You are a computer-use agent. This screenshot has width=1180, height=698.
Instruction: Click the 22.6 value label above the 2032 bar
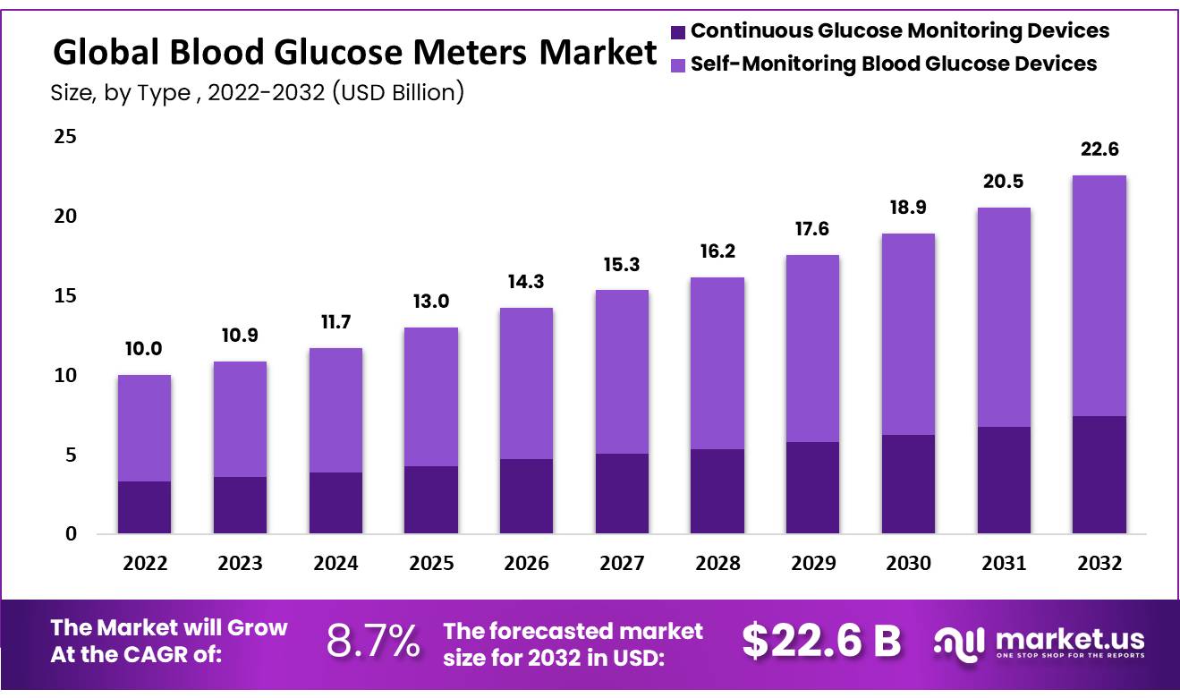[x=1099, y=149]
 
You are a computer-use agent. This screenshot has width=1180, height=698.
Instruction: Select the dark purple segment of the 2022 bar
[x=144, y=507]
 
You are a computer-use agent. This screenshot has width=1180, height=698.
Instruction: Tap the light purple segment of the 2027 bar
[x=622, y=371]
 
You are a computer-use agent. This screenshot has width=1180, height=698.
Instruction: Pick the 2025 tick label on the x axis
[x=431, y=564]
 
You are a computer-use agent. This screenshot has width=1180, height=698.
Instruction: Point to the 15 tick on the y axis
[x=66, y=296]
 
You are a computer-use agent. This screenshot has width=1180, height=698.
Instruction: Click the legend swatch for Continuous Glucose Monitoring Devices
[x=678, y=32]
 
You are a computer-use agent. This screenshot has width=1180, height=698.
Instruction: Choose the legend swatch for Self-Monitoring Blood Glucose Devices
[x=678, y=64]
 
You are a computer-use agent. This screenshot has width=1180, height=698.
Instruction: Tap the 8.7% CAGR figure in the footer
[x=373, y=641]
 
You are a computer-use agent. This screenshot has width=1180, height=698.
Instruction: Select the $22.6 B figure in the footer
[x=821, y=641]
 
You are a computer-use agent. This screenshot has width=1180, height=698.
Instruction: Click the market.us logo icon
[x=959, y=641]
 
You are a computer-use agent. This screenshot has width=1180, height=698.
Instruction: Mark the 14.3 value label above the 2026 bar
[x=526, y=282]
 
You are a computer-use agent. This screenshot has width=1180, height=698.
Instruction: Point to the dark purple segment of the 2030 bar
[x=908, y=484]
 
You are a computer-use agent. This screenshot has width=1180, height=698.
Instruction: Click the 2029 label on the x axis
[x=813, y=564]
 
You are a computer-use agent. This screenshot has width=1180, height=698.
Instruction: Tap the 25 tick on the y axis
[x=66, y=137]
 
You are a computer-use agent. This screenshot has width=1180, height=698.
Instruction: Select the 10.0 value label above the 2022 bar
[x=144, y=349]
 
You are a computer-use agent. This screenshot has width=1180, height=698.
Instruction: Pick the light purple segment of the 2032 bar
[x=1099, y=295]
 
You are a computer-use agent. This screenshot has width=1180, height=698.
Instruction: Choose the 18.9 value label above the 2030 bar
[x=908, y=208]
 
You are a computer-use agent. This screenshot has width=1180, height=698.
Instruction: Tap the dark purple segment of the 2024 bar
[x=335, y=503]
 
